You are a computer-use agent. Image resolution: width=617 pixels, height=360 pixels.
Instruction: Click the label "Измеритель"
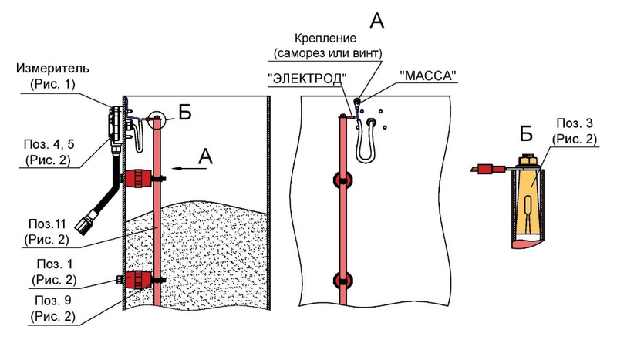pyautogui.click(x=52, y=69)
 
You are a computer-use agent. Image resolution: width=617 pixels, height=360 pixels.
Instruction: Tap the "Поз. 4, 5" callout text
pyautogui.click(x=49, y=144)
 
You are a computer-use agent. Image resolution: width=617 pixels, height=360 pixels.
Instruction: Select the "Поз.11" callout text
pyautogui.click(x=47, y=224)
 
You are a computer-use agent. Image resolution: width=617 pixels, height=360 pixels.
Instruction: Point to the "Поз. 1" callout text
pyautogui.click(x=55, y=264)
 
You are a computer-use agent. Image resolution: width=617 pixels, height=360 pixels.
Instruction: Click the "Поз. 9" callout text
pyautogui.click(x=53, y=301)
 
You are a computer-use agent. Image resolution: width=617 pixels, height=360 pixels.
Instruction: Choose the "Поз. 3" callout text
pyautogui.click(x=575, y=123)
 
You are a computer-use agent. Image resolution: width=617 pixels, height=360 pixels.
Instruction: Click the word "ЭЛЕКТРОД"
pyautogui.click(x=307, y=79)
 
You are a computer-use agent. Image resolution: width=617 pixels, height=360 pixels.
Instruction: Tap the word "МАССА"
pyautogui.click(x=428, y=76)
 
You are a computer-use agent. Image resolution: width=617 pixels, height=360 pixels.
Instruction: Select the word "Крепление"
pyautogui.click(x=325, y=39)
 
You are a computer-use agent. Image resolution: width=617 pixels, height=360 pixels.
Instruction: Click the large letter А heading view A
pyautogui.click(x=376, y=20)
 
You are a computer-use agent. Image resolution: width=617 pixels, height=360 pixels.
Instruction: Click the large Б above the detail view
pyautogui.click(x=526, y=133)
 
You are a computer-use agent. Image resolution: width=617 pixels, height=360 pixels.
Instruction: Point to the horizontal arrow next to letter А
pyautogui.click(x=190, y=168)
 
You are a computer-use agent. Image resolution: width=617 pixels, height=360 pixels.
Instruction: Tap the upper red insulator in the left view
pyautogui.click(x=139, y=179)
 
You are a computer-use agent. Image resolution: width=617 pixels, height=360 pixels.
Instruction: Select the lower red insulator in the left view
pyautogui.click(x=139, y=279)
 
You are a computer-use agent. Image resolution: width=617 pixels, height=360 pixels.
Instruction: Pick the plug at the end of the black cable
pyautogui.click(x=86, y=225)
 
